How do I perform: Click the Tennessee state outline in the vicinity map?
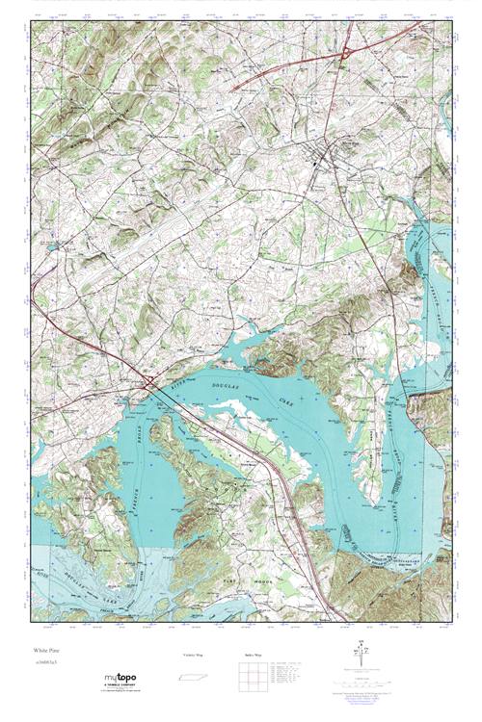(193, 674)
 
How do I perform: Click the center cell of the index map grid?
(254, 674)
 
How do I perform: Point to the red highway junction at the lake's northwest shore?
(149, 384)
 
